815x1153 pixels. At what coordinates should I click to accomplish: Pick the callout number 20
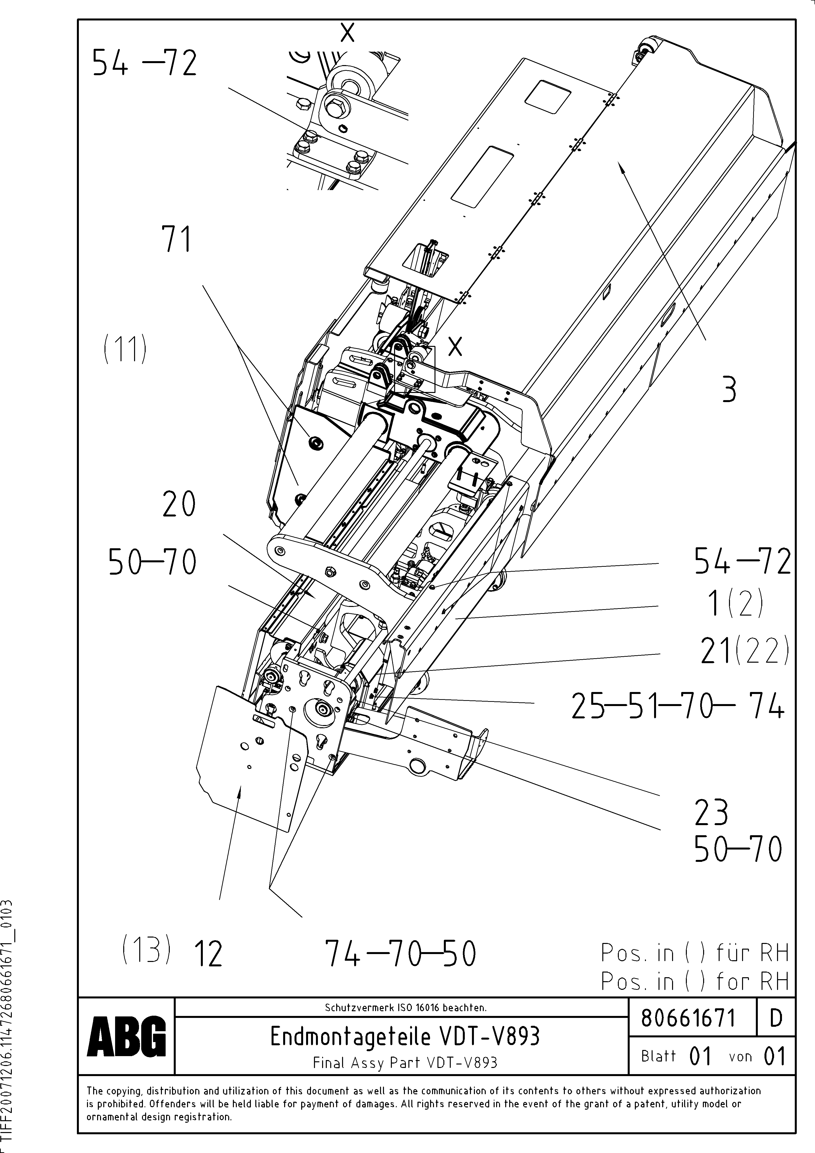pyautogui.click(x=179, y=504)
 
